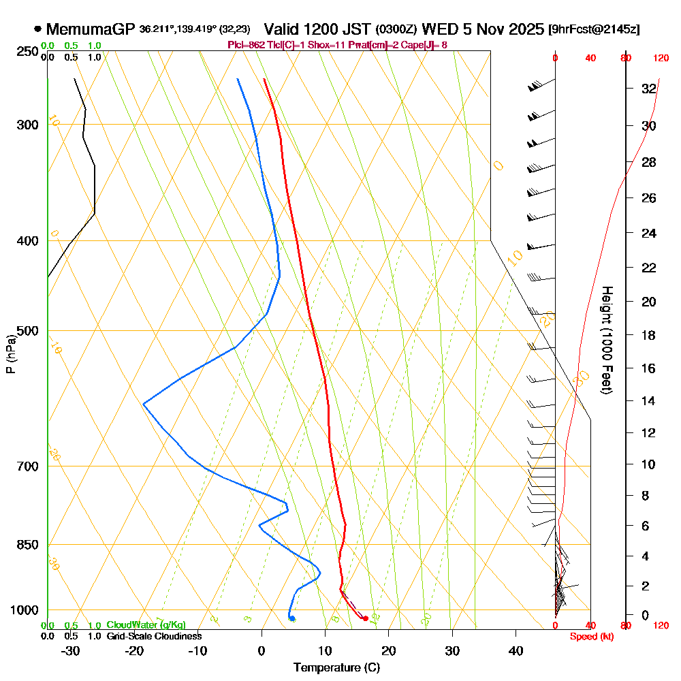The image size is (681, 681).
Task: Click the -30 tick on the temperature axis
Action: point(71,650)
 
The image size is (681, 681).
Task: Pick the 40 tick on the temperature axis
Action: point(516,650)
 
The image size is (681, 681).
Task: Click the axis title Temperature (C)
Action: point(336,667)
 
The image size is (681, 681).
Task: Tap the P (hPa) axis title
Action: point(10,354)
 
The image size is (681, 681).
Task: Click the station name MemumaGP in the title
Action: point(91,29)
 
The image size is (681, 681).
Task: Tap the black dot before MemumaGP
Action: point(37,29)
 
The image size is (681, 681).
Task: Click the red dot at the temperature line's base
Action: point(366,618)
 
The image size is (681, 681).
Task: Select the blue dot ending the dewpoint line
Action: point(291,618)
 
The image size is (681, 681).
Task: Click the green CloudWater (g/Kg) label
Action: point(146,625)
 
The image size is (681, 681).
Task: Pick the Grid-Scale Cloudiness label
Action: point(154,636)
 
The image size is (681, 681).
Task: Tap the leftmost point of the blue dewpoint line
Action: point(144,404)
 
